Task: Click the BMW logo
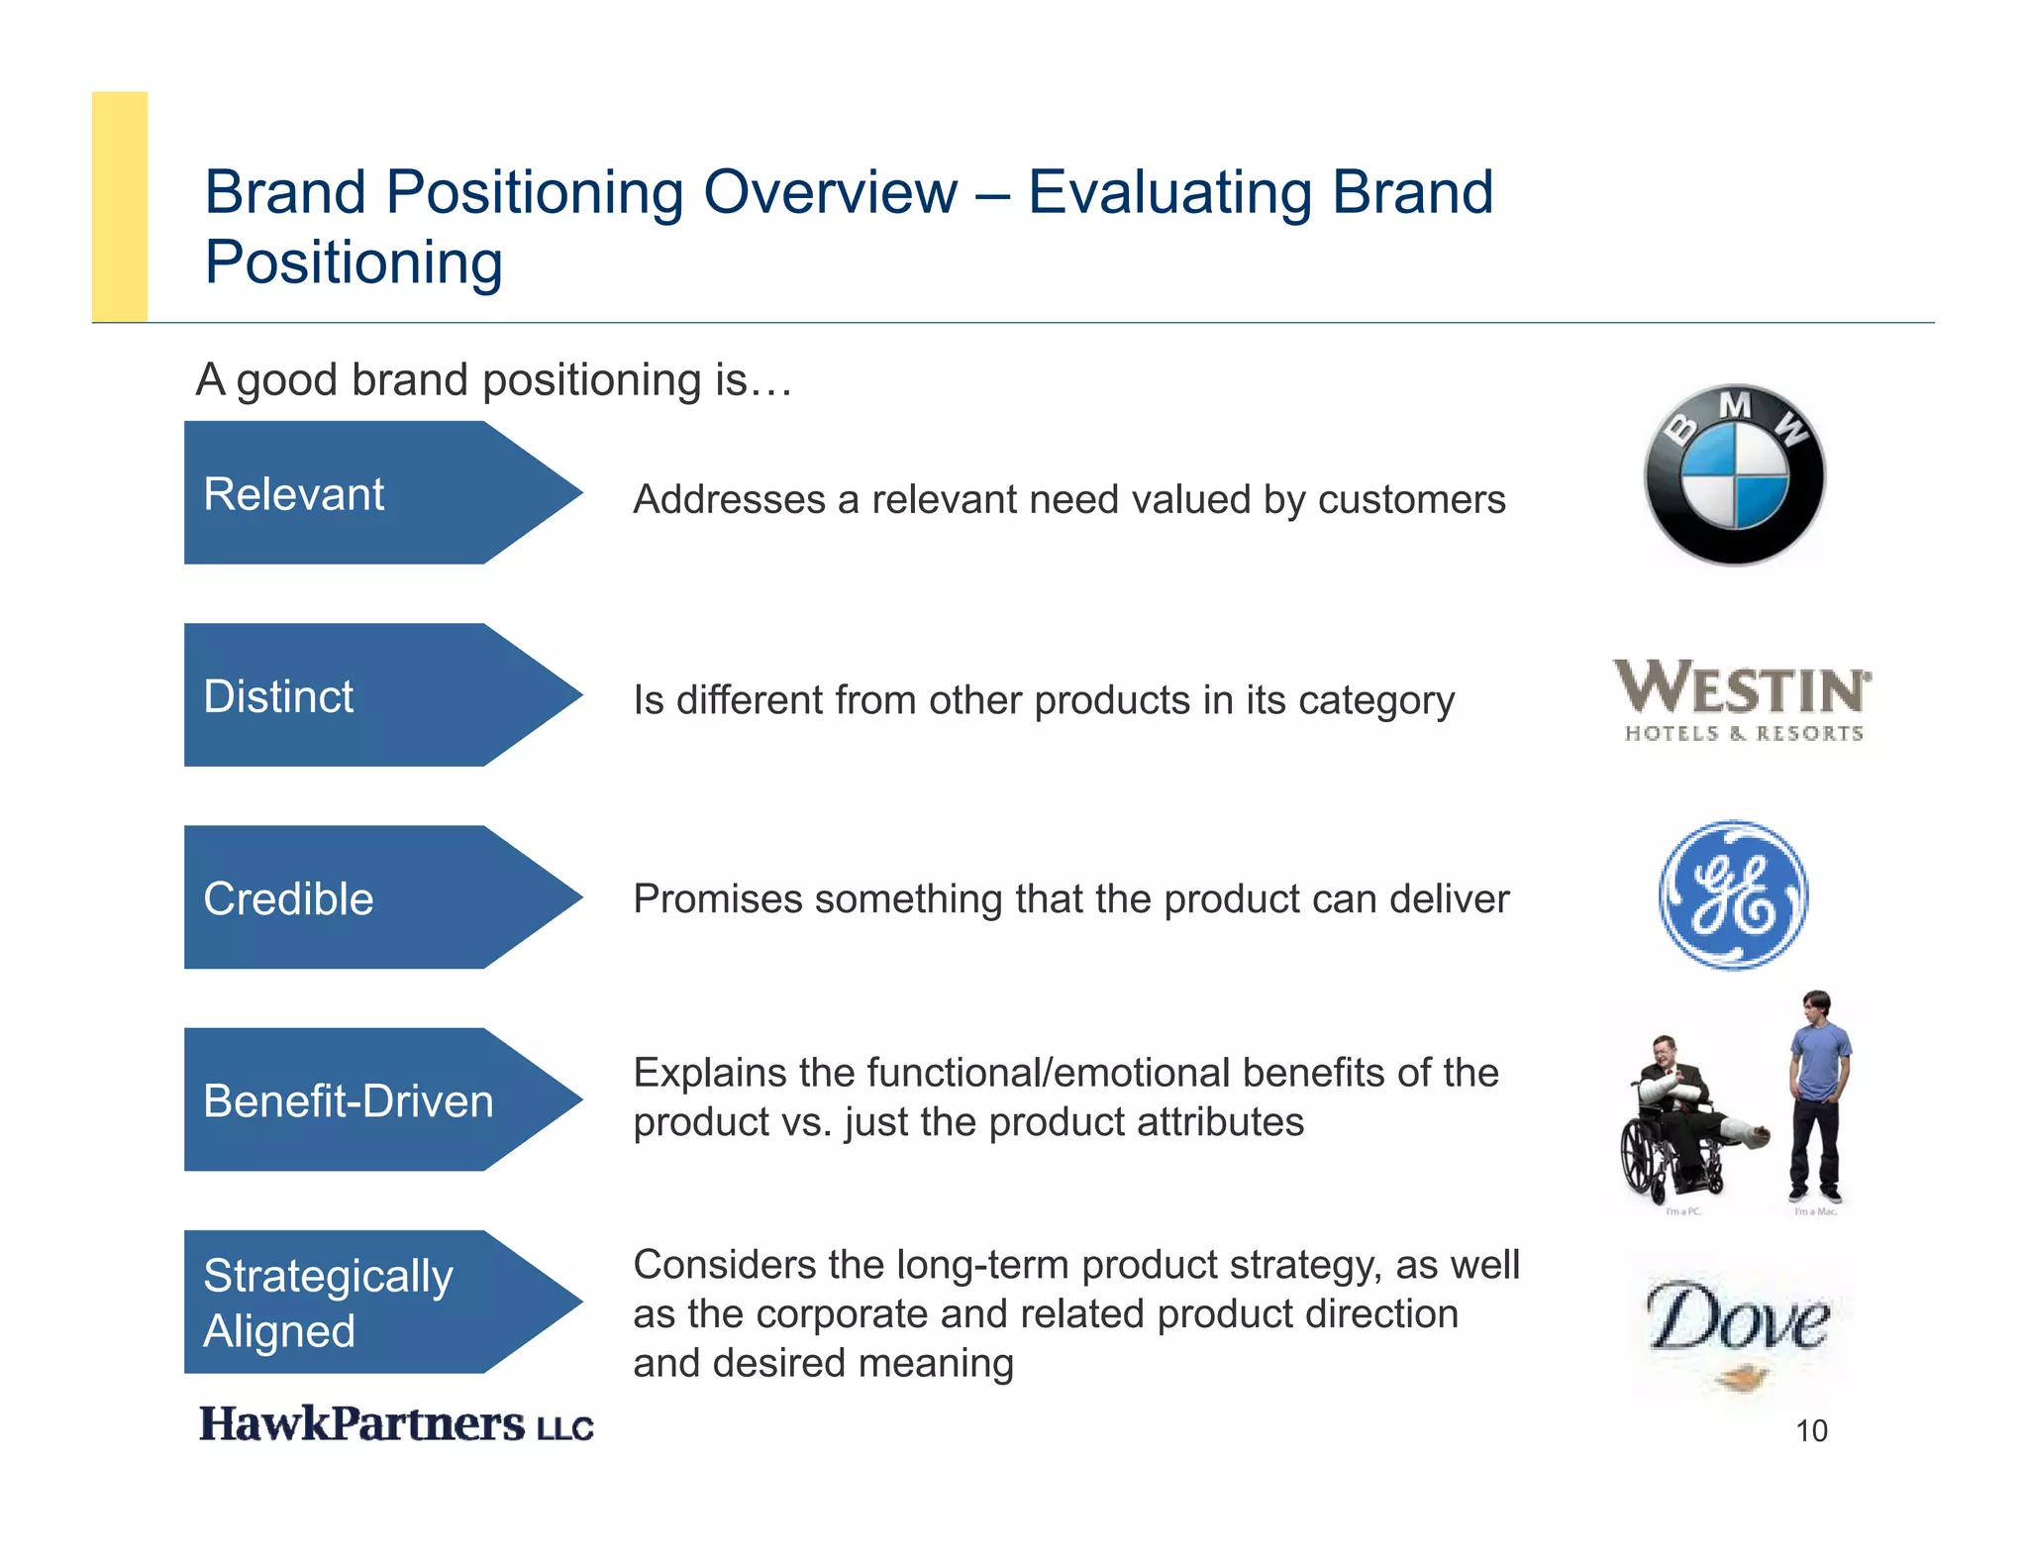tap(1734, 475)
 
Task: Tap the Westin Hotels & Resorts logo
tap(1743, 699)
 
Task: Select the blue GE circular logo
tap(1733, 894)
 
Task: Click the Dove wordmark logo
tap(1738, 1317)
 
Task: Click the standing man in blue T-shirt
tap(1819, 1095)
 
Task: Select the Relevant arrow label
tap(294, 493)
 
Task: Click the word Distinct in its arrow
tap(278, 696)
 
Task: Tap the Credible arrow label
tap(288, 898)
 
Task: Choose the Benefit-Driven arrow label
tap(348, 1100)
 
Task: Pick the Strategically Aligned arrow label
tap(327, 1302)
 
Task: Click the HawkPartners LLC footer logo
tap(396, 1424)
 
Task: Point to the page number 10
tap(1811, 1430)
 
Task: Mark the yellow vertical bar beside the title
tap(120, 206)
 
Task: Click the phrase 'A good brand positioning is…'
tap(493, 379)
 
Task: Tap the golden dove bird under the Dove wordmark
tap(1741, 1377)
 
